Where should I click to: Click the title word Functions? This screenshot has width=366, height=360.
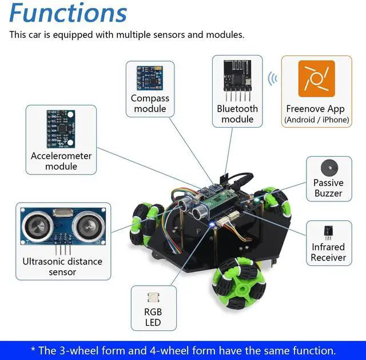(x=68, y=13)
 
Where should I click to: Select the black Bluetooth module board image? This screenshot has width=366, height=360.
(x=237, y=78)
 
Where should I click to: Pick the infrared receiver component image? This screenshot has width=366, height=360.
(x=328, y=232)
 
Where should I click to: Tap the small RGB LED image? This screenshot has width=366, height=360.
(x=153, y=298)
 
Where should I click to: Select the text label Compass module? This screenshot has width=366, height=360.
(x=150, y=103)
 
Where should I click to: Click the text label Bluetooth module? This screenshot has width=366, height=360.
(x=237, y=114)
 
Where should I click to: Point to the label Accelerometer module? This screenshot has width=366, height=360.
(x=61, y=161)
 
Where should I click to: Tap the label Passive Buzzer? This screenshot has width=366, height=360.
(x=328, y=188)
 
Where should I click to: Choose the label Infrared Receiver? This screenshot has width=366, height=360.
(x=328, y=252)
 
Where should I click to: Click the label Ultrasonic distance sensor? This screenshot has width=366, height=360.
(x=62, y=267)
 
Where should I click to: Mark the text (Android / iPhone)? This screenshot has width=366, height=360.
(x=316, y=120)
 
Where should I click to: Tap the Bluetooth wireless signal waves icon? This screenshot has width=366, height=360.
(x=273, y=78)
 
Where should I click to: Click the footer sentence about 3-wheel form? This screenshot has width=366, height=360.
(x=183, y=350)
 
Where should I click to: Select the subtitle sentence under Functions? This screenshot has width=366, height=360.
(x=127, y=35)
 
